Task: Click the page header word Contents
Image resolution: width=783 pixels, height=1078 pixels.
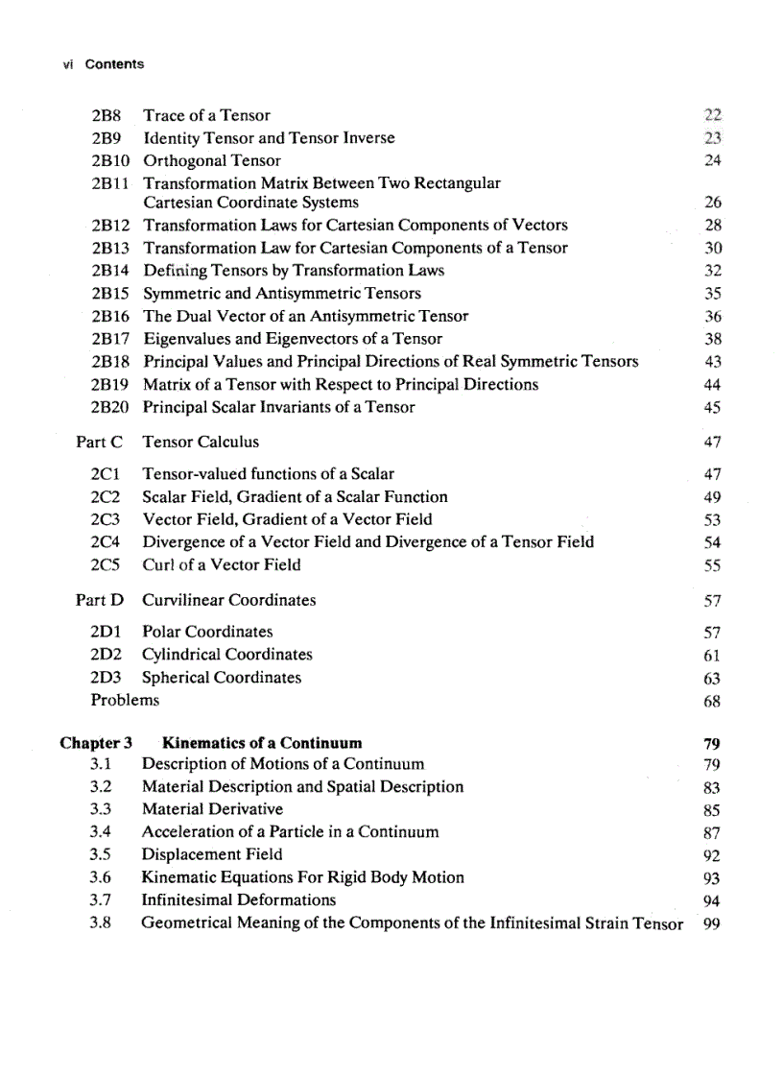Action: coord(114,64)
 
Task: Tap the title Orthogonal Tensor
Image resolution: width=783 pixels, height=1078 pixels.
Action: coord(211,161)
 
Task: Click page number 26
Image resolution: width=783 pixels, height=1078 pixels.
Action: coord(711,203)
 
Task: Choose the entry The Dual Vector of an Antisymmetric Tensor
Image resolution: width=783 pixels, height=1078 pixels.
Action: coord(305,316)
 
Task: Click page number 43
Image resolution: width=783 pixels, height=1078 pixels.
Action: coord(711,362)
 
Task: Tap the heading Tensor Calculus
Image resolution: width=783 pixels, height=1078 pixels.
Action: coord(200,443)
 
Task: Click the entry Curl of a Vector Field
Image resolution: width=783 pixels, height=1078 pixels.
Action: coord(221,565)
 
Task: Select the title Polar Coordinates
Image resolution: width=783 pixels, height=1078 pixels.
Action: coord(207,633)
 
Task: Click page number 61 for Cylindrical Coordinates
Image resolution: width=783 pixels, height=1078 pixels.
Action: coord(711,656)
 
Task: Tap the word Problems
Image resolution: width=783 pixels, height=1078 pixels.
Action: coord(125,701)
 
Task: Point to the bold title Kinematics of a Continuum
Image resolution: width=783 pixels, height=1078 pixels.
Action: coord(262,743)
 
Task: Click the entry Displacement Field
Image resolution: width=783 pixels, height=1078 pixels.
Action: coord(212,854)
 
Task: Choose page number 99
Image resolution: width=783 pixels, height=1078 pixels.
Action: coord(711,925)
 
